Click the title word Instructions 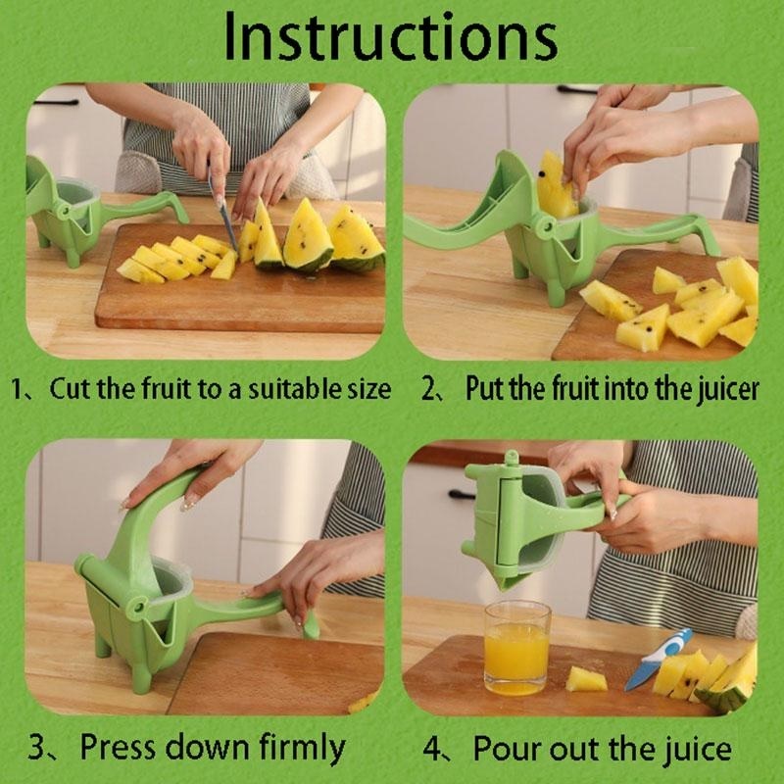[390, 36]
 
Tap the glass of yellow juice [517, 648]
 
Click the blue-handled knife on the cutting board [658, 659]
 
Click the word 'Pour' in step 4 [505, 749]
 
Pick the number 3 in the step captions [37, 748]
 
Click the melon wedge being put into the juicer [556, 186]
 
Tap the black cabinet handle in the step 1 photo [56, 103]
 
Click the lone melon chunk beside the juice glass [586, 678]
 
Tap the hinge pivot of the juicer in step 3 [136, 608]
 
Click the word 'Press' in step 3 [119, 748]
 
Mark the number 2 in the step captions [429, 388]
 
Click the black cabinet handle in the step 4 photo [461, 495]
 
